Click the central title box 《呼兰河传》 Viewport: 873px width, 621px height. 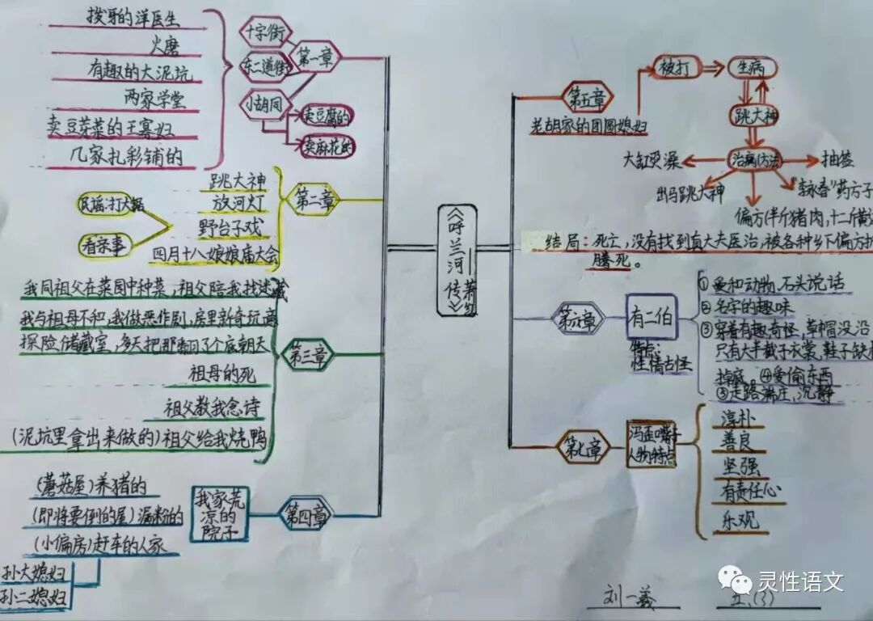point(458,260)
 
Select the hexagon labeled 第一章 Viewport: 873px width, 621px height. point(314,57)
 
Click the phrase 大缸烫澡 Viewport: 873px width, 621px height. point(651,161)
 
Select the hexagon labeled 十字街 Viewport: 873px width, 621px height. point(264,32)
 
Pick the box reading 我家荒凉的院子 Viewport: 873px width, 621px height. point(220,513)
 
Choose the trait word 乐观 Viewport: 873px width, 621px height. point(736,519)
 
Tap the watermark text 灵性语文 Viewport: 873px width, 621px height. point(800,581)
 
